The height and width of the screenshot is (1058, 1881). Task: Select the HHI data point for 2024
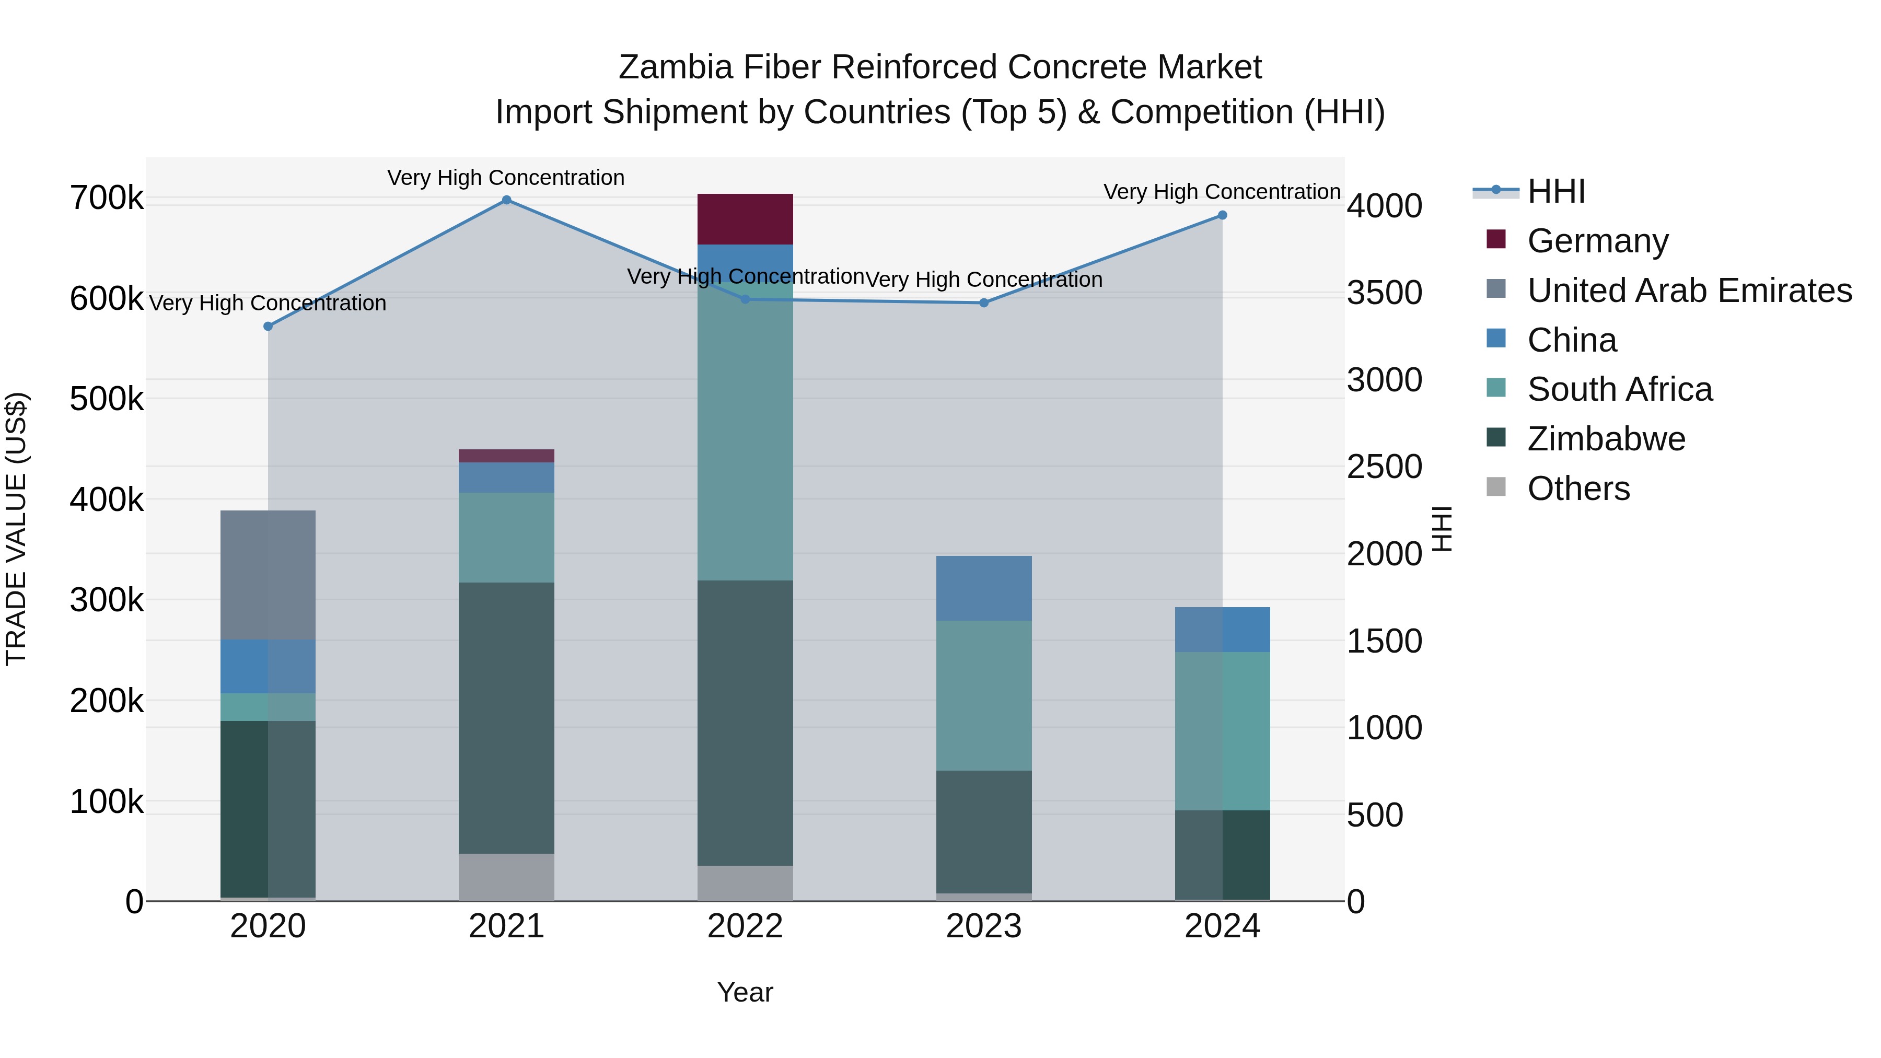pos(1222,215)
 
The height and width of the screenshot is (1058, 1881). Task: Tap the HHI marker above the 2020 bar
pos(268,327)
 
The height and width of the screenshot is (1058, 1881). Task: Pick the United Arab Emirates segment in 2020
pos(268,575)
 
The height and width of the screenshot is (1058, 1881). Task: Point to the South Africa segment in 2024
pos(1222,731)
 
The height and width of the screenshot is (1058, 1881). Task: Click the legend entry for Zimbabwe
pos(1606,439)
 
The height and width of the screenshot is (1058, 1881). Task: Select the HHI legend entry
pos(1555,191)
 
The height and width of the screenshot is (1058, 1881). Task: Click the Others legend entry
pos(1578,489)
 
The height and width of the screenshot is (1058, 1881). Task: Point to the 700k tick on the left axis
pos(107,199)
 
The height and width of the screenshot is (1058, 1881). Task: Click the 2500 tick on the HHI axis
pos(1384,467)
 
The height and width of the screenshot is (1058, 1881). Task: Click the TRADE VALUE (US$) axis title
pos(16,529)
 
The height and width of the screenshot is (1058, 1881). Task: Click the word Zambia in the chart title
pos(675,67)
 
